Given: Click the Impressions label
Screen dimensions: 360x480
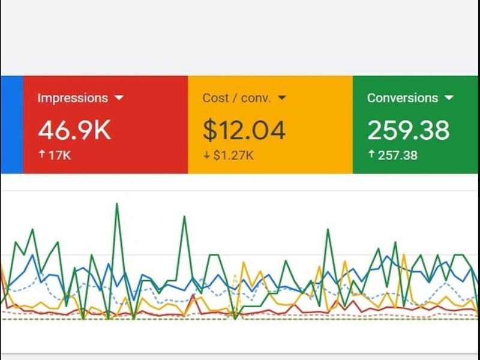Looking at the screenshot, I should tap(73, 98).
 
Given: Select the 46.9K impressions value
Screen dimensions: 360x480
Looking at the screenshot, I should tap(74, 130).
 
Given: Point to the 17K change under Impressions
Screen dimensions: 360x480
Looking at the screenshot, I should tap(59, 155).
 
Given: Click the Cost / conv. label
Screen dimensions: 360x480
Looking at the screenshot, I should tap(236, 98).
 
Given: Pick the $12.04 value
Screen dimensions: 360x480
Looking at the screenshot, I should tap(244, 130).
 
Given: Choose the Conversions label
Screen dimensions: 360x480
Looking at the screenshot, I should tap(403, 98).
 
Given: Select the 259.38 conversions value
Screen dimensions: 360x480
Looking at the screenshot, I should tap(408, 130).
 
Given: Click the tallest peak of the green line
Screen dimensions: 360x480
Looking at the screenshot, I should tap(116, 204).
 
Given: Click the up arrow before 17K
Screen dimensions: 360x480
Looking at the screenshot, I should tap(41, 155).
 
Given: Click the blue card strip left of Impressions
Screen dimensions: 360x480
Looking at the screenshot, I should tap(11, 124).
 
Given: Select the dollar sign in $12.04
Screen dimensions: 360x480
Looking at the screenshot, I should tap(209, 130).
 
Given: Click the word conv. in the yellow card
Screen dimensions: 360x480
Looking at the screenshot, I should tap(256, 98).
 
